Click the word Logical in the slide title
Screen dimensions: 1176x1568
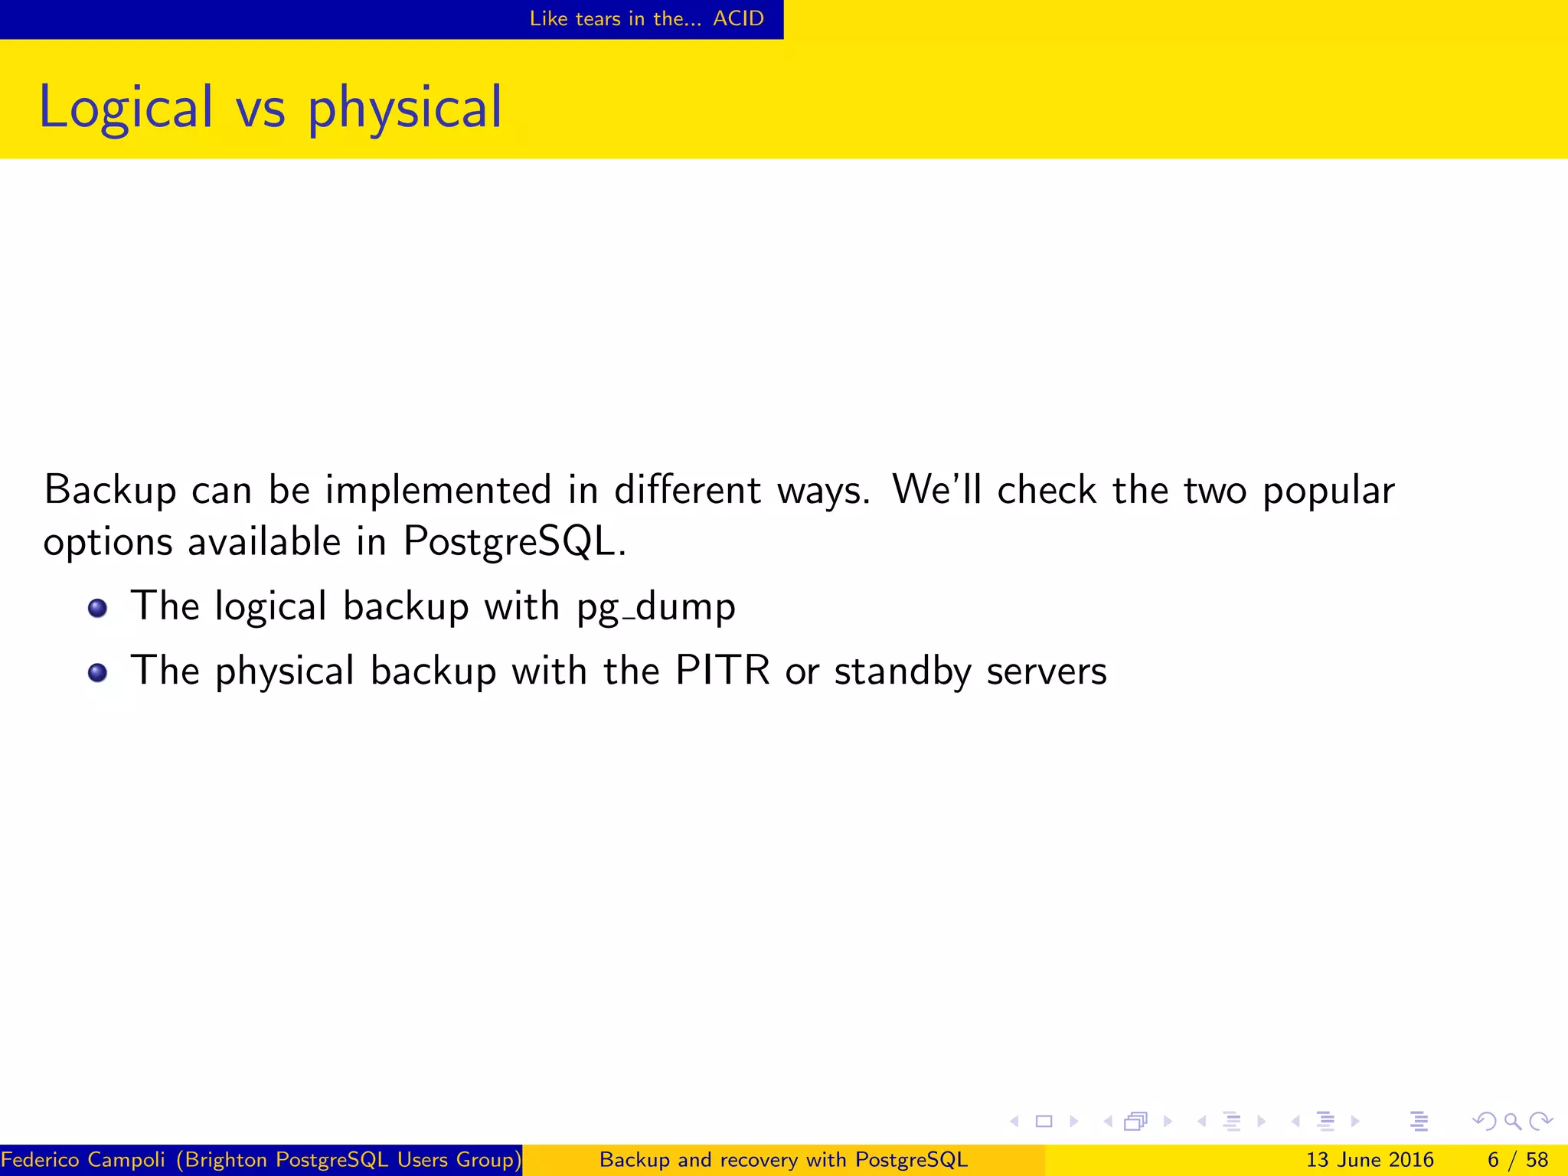click(x=126, y=108)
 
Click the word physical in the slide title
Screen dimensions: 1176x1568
click(x=404, y=108)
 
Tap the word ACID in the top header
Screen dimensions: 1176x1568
click(x=738, y=18)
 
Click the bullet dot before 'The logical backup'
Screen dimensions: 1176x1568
click(x=97, y=609)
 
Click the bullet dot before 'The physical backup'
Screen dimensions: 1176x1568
click(x=97, y=673)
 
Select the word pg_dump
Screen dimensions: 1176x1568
click(x=655, y=607)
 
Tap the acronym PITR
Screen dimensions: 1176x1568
click(x=722, y=671)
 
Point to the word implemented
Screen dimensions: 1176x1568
click(x=438, y=490)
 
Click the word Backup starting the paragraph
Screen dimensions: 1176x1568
click(x=110, y=490)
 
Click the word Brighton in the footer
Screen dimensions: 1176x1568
click(x=227, y=1160)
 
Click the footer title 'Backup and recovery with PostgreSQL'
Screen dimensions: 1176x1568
click(x=783, y=1160)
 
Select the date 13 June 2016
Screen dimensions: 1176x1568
click(x=1369, y=1160)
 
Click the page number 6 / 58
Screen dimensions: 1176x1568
click(x=1517, y=1160)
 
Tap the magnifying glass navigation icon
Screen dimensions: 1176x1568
click(x=1512, y=1122)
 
